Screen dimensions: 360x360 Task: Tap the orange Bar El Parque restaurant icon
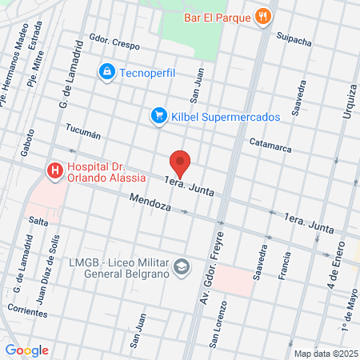[262, 15]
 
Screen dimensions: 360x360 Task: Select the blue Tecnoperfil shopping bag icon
[106, 73]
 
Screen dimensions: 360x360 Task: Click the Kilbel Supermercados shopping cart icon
[158, 116]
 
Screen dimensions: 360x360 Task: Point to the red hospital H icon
[54, 170]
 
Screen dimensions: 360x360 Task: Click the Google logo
[26, 350]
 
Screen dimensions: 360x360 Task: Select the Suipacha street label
[293, 38]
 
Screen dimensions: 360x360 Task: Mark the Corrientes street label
[26, 307]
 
